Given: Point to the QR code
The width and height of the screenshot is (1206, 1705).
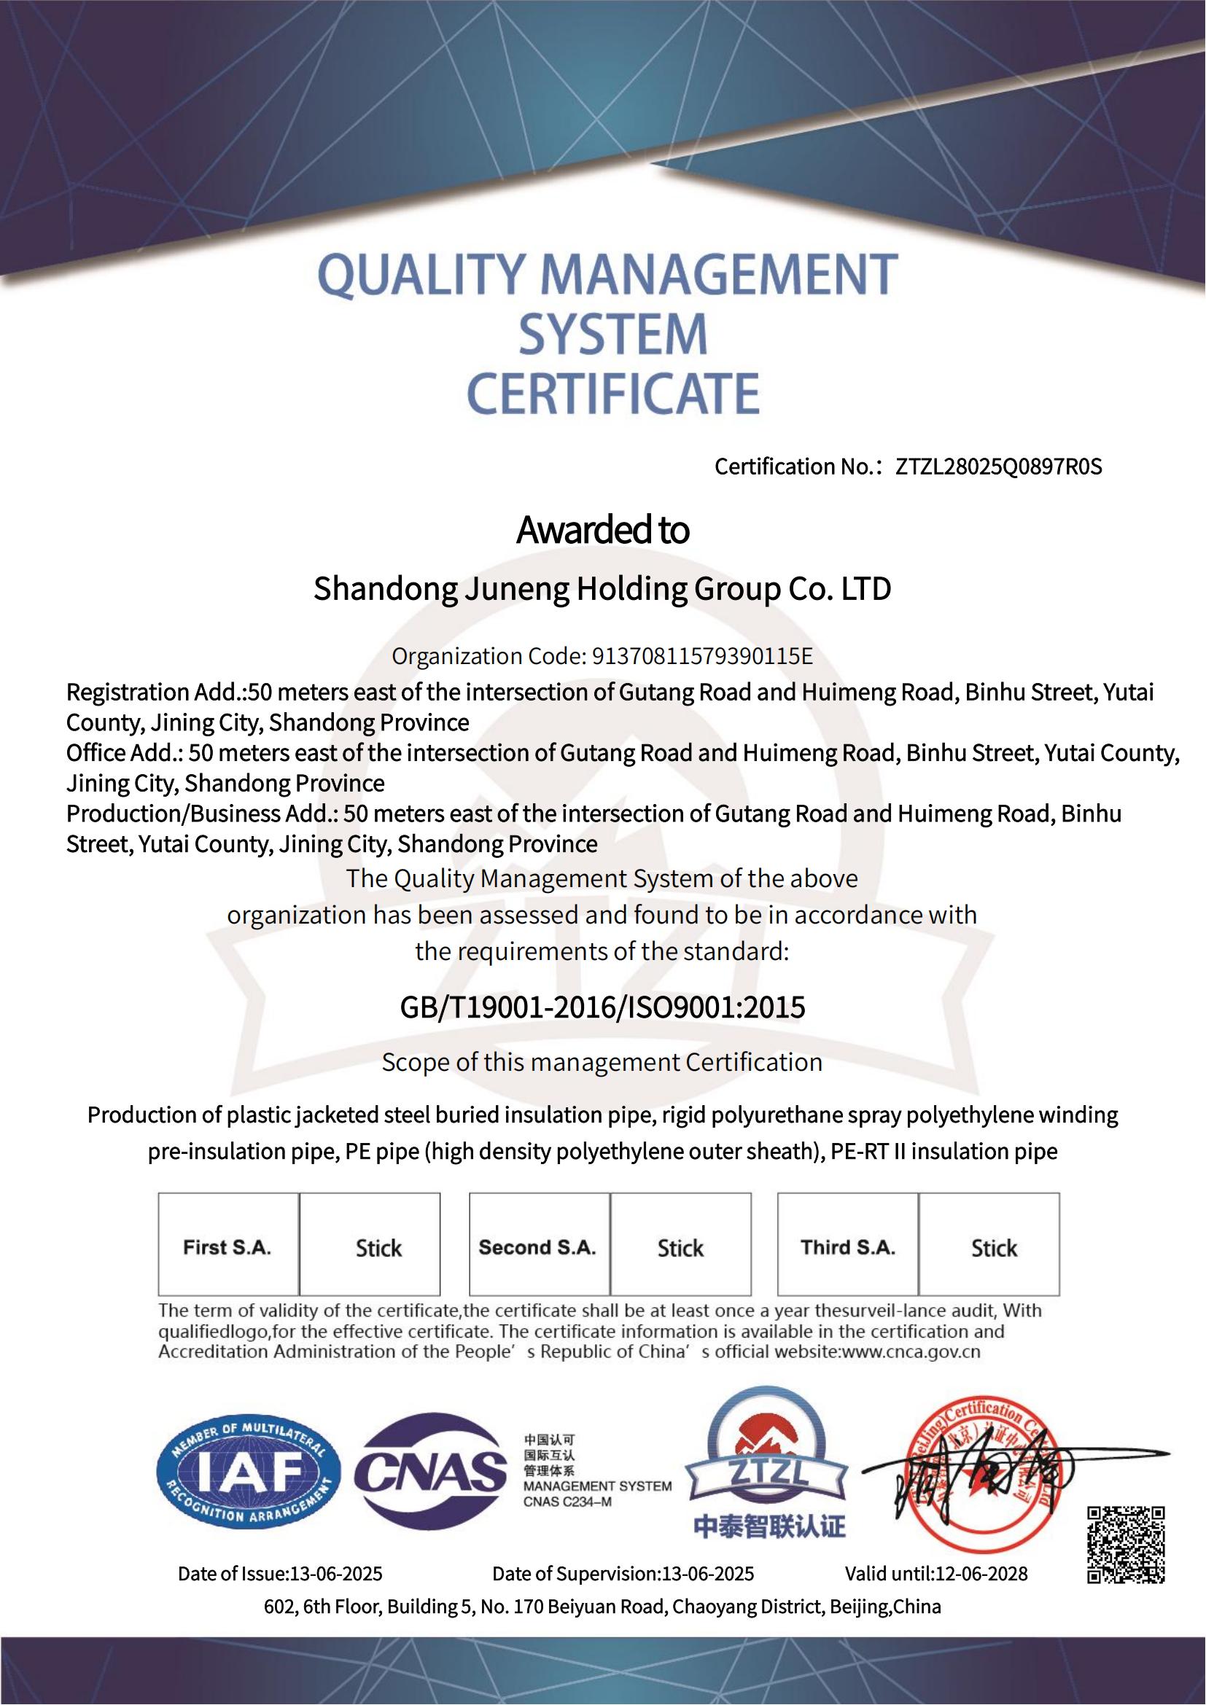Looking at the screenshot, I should (1126, 1545).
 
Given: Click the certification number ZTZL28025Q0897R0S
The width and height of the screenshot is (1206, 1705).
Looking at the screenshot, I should (999, 467).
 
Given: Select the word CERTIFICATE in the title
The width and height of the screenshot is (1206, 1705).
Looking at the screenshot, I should (612, 393).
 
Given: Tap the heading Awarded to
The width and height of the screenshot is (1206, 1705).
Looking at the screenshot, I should (602, 530).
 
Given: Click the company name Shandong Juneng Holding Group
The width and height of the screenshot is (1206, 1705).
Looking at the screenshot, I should (602, 589).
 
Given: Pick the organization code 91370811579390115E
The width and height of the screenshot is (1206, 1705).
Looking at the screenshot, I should (701, 657).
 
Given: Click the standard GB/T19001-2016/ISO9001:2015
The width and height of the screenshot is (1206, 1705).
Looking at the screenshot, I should (602, 1007).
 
